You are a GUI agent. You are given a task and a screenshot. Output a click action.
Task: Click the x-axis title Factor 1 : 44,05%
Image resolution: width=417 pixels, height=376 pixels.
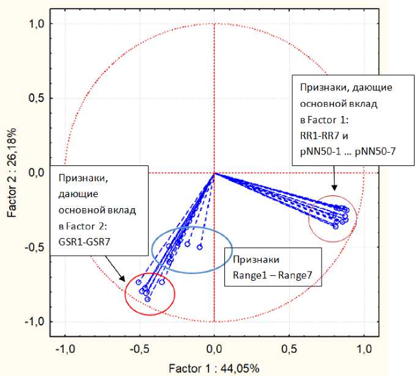click(x=214, y=369)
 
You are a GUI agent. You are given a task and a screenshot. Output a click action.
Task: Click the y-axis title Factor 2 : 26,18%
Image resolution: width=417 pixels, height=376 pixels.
click(x=12, y=173)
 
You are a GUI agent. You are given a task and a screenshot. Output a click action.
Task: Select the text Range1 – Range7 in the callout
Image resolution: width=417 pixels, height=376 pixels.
click(x=272, y=275)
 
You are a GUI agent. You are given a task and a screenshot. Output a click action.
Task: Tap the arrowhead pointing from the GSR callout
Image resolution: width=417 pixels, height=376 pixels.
click(x=125, y=279)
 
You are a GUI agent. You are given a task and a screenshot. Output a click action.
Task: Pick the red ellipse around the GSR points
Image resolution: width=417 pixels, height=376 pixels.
click(x=174, y=294)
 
